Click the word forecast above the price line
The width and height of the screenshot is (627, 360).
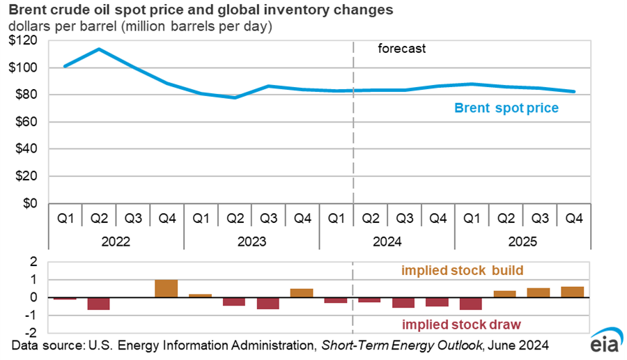(401, 49)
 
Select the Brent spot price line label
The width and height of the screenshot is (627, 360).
(506, 108)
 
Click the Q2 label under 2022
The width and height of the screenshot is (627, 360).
(99, 218)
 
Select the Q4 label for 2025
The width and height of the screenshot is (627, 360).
(573, 218)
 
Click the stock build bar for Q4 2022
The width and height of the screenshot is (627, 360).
(166, 288)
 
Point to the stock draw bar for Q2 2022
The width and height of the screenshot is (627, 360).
(98, 304)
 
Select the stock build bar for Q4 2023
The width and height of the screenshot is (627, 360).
(302, 292)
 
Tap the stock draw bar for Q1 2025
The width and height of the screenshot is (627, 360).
(471, 304)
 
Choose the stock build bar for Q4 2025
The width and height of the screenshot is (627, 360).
(573, 292)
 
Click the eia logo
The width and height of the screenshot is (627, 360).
(601, 343)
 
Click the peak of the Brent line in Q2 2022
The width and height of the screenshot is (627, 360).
(99, 49)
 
